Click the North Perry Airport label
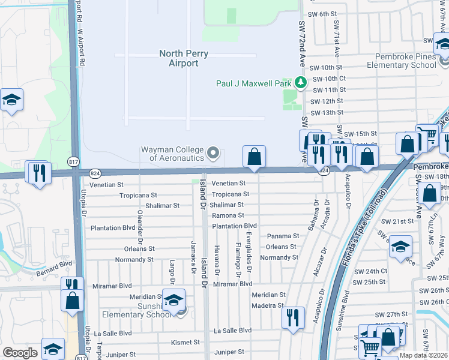pos(183,58)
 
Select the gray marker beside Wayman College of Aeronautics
pos(212,154)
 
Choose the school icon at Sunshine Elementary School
pos(173,300)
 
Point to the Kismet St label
pos(183,342)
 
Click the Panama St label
pos(283,236)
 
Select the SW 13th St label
pos(327,113)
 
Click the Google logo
pos(20,353)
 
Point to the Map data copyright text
pos(424,355)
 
